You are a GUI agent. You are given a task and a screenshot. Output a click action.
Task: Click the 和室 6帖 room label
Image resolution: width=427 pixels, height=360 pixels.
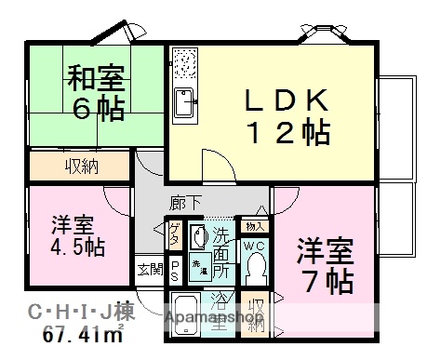(x=95, y=93)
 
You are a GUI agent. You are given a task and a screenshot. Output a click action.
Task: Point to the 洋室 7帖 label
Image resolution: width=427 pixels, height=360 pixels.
(x=324, y=263)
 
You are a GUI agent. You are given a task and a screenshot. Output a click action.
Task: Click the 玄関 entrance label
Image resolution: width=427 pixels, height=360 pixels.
(x=149, y=270)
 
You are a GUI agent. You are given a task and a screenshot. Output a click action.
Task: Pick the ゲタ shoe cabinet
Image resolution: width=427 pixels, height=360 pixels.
(x=174, y=235)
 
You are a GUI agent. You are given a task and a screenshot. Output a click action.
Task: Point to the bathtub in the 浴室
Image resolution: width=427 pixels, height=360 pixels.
(x=187, y=313)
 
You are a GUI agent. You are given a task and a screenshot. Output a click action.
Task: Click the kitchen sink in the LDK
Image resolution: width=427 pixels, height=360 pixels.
(x=181, y=97)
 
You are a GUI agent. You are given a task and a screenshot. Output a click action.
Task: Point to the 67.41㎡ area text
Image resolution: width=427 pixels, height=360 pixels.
(x=83, y=337)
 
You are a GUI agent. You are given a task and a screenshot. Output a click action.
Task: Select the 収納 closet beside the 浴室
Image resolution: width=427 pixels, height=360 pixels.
(x=256, y=313)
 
